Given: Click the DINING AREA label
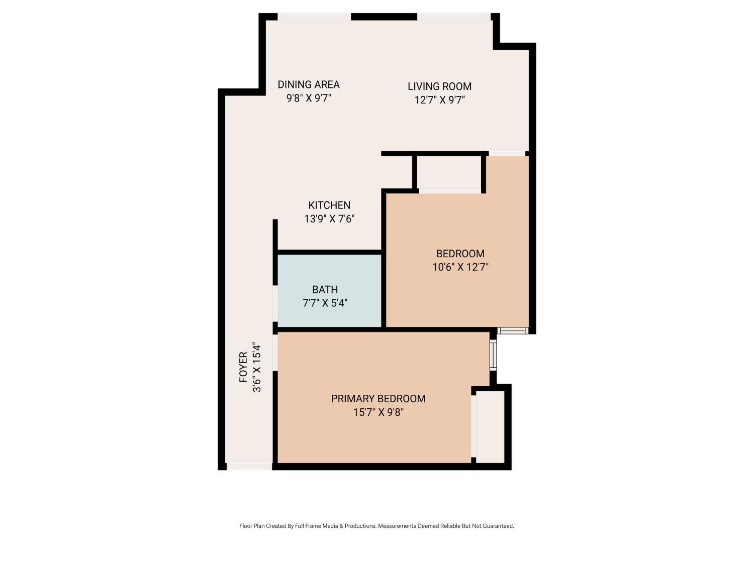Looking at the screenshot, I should click(x=309, y=84).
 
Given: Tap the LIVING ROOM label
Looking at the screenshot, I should click(x=439, y=86).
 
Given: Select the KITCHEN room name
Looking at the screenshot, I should click(x=329, y=205).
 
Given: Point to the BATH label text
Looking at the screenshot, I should click(x=325, y=289).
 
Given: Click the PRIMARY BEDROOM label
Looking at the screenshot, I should click(x=378, y=398).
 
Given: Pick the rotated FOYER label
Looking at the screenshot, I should click(x=243, y=367).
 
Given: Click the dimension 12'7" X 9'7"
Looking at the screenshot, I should click(x=439, y=100).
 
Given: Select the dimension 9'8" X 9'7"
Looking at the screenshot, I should click(x=309, y=98).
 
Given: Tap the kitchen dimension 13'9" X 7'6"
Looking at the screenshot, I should click(x=329, y=218).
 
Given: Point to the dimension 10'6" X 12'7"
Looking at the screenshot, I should click(x=460, y=267).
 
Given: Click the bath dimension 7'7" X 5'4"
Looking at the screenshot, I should click(x=325, y=303).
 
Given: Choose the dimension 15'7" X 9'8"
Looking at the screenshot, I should click(x=378, y=412).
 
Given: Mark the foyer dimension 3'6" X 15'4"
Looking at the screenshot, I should click(x=257, y=367).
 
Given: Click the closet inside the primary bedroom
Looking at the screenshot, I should click(x=490, y=427).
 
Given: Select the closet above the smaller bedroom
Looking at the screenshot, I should click(x=449, y=172).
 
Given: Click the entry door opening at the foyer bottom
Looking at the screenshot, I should click(x=249, y=467).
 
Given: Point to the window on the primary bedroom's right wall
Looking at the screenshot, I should click(x=493, y=355).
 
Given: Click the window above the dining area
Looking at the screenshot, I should click(x=314, y=17).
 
